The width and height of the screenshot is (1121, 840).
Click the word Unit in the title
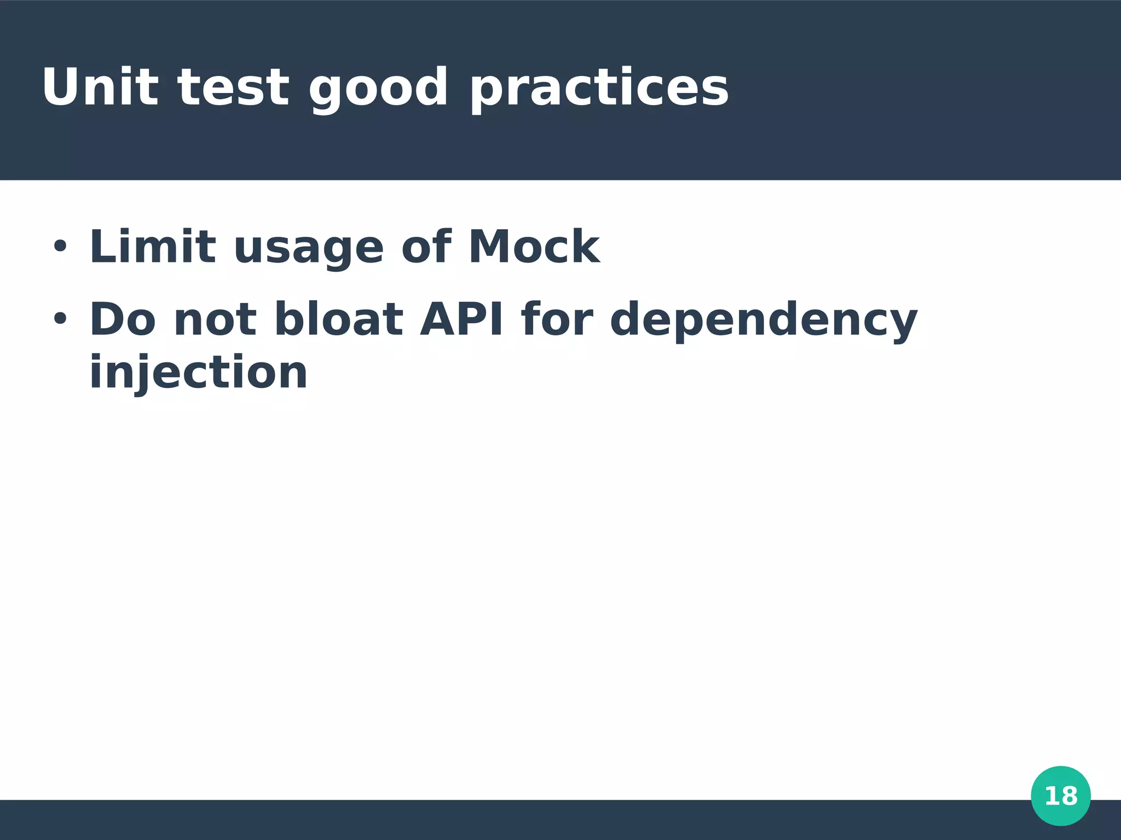coord(100,87)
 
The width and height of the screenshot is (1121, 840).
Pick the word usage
coord(309,249)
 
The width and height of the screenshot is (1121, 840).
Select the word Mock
coord(534,247)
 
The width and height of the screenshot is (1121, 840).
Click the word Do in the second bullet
coord(123,319)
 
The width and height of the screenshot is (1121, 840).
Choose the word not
coord(215,320)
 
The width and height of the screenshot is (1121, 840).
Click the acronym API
coord(461,319)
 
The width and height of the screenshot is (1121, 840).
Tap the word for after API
coord(557,319)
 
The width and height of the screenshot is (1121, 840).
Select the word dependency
coord(763,322)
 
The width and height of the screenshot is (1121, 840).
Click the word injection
coord(198,373)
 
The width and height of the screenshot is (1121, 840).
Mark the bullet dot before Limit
coord(60,247)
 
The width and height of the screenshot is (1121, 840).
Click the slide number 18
coord(1061,796)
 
